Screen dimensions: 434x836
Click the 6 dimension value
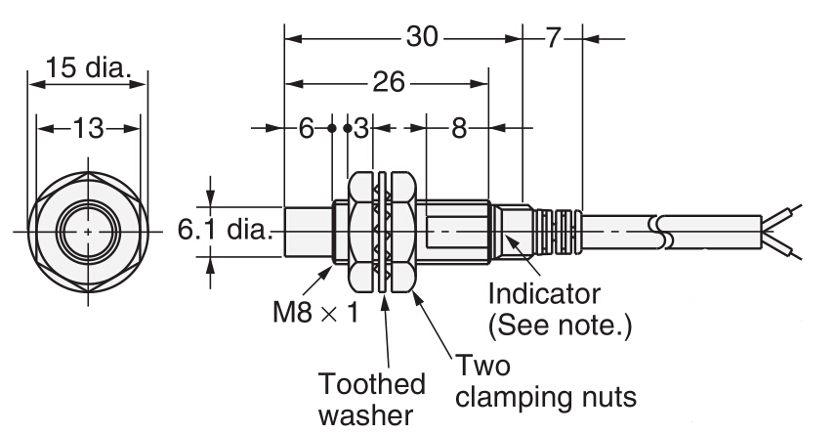point(308,128)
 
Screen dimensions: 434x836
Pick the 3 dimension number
point(360,128)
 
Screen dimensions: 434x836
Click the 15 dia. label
point(88,69)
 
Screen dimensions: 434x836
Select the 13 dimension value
point(88,128)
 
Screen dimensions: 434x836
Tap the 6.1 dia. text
point(223,232)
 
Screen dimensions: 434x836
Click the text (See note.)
point(561,325)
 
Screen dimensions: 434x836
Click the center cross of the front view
point(88,232)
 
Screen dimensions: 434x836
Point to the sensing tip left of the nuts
point(308,232)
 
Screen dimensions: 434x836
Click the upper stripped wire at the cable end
point(790,215)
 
